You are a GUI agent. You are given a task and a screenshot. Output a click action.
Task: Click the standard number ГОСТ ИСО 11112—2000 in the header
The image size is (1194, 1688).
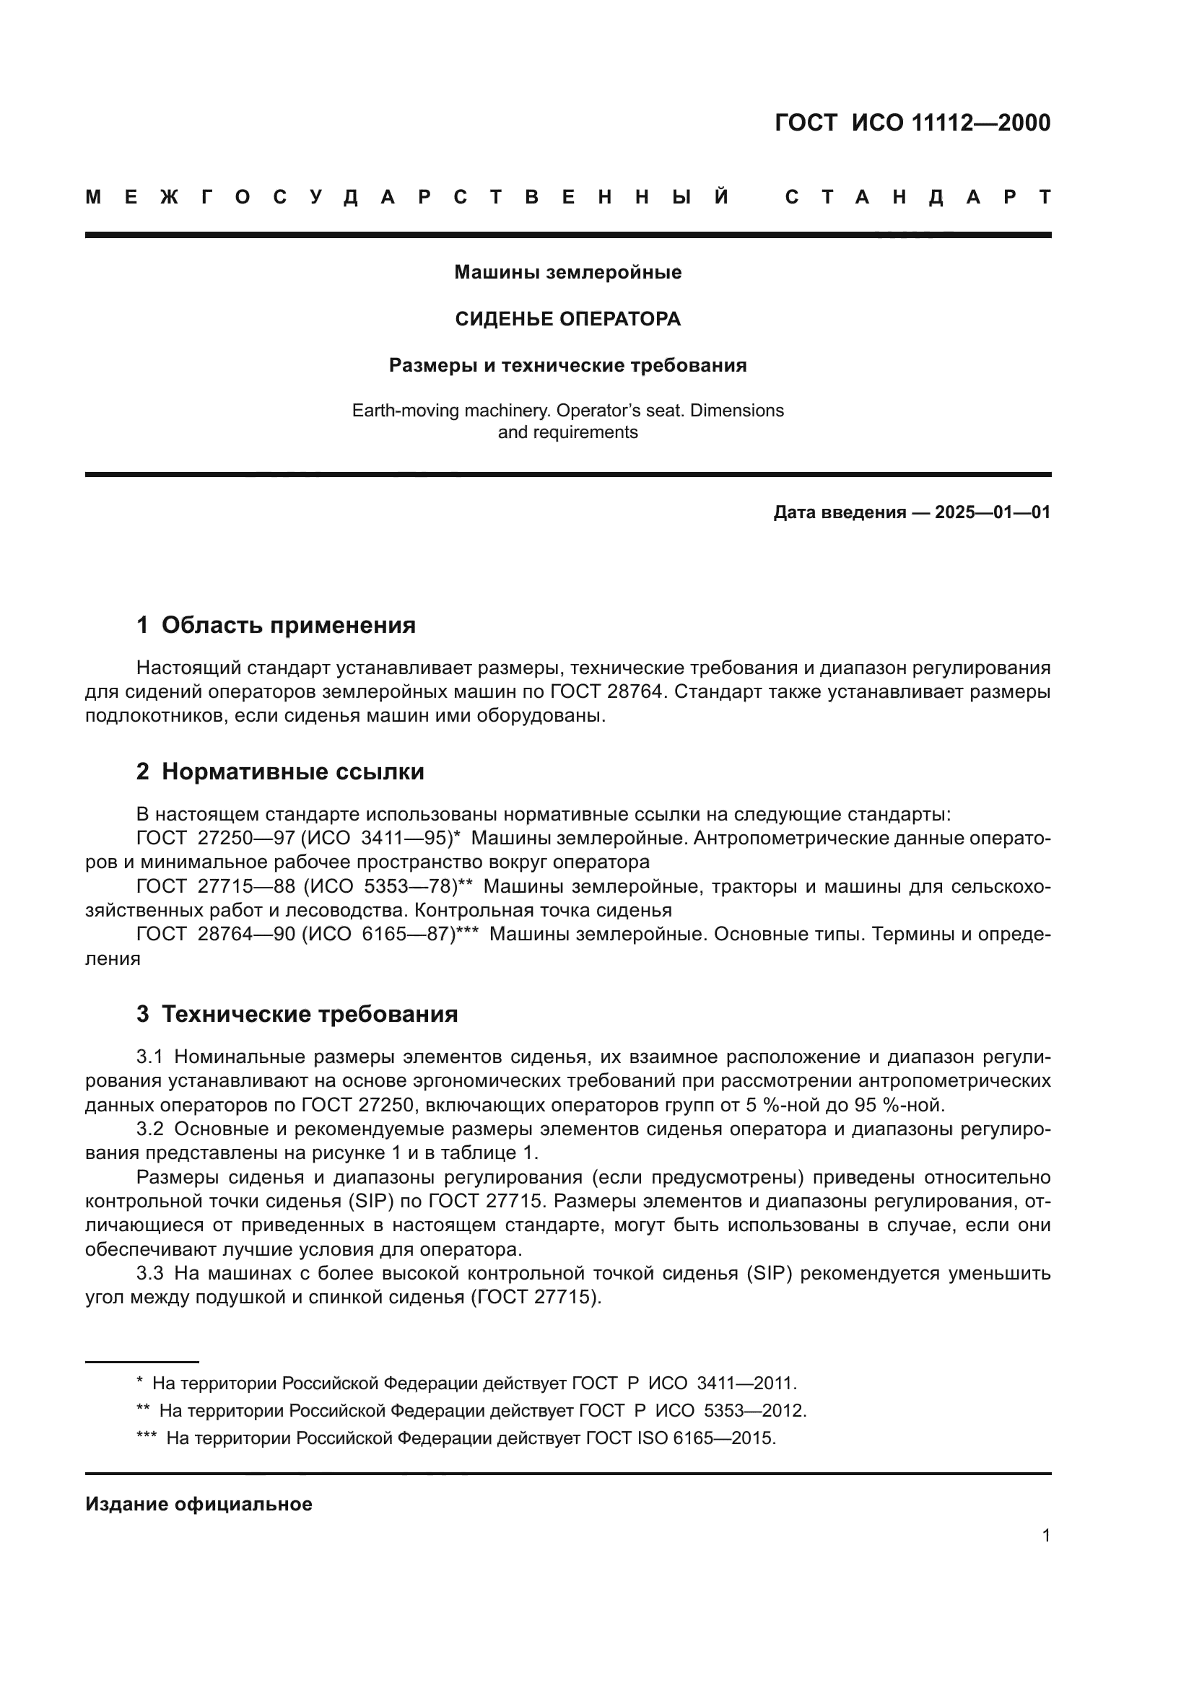[912, 123]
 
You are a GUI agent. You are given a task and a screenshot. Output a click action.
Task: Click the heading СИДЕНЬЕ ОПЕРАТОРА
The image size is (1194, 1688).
[567, 319]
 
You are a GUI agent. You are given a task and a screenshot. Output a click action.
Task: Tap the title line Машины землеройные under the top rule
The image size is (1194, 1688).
[567, 273]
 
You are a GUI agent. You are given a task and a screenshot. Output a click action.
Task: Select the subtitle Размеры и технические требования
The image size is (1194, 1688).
[567, 365]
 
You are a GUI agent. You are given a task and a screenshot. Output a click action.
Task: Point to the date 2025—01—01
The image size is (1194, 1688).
[993, 512]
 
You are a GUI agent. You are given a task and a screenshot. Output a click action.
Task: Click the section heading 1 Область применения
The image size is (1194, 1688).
[276, 626]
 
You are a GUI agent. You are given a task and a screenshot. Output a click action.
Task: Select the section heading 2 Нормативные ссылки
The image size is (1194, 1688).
[280, 772]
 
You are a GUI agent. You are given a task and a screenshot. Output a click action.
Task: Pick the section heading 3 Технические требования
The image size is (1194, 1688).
[297, 1015]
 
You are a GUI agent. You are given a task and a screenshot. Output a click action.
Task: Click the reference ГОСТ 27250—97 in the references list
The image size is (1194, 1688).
[215, 838]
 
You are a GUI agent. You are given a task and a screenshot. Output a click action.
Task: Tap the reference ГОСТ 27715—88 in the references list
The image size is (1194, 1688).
[215, 887]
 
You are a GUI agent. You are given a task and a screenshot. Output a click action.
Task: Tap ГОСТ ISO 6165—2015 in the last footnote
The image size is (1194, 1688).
[680, 1438]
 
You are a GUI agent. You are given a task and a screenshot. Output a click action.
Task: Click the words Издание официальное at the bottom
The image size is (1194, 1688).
[199, 1504]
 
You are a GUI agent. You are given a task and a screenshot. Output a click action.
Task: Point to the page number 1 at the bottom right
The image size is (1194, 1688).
[1045, 1536]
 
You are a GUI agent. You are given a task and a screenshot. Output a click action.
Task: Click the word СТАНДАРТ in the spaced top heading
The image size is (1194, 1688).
[918, 198]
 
